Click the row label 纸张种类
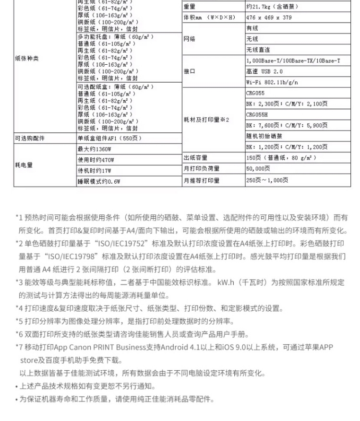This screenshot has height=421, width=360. point(26,59)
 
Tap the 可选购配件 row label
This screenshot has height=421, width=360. point(30,138)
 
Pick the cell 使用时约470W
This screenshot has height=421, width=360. point(96,160)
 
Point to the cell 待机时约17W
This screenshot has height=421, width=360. point(95,170)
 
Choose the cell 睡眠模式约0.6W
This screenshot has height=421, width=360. point(99,181)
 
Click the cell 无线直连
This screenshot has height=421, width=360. point(258,50)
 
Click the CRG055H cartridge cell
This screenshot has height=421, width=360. point(257,115)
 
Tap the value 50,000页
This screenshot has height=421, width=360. point(258,169)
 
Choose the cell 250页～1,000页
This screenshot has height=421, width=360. point(267,180)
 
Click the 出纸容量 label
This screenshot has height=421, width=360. point(195,158)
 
